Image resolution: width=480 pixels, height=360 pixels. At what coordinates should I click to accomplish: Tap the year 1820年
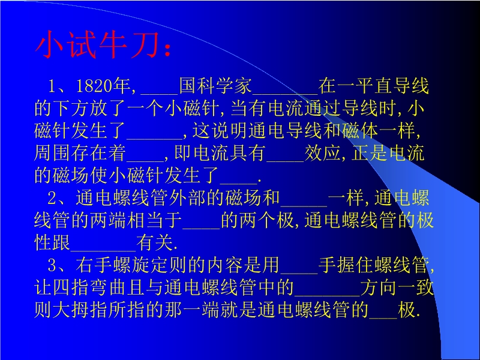pos(103,86)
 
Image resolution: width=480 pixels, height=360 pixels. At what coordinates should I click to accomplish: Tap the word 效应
pos(322,153)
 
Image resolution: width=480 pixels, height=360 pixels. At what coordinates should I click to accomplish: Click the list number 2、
pos(61,198)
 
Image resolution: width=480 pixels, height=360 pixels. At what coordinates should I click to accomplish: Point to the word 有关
pos(154,243)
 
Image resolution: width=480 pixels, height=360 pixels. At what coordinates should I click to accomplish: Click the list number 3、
pos(61,265)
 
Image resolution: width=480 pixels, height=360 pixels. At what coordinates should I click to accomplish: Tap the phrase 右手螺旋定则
pos(131,265)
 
